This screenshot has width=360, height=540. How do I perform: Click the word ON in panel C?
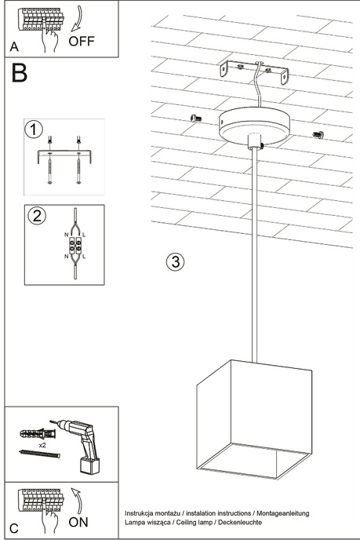click(x=78, y=521)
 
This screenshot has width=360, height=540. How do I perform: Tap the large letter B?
click(x=20, y=74)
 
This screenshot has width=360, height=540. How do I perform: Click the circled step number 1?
click(x=34, y=129)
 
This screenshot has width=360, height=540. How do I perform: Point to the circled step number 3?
click(x=176, y=261)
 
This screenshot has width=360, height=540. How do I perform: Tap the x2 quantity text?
click(x=43, y=445)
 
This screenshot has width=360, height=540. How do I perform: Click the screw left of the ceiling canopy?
click(x=196, y=118)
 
